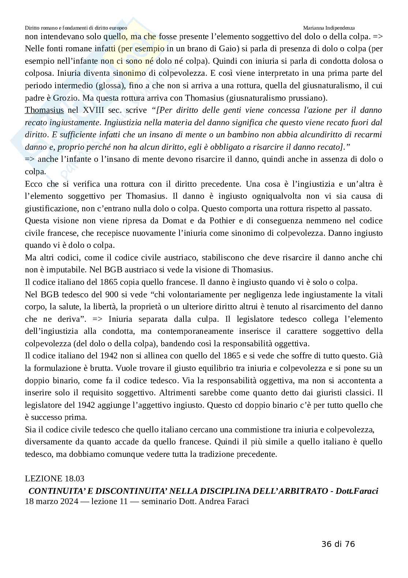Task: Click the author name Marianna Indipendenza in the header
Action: click(329, 28)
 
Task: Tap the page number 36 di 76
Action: click(338, 544)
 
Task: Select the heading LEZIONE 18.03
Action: click(54, 478)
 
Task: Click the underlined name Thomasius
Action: click(44, 110)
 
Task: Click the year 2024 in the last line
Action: click(68, 501)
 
